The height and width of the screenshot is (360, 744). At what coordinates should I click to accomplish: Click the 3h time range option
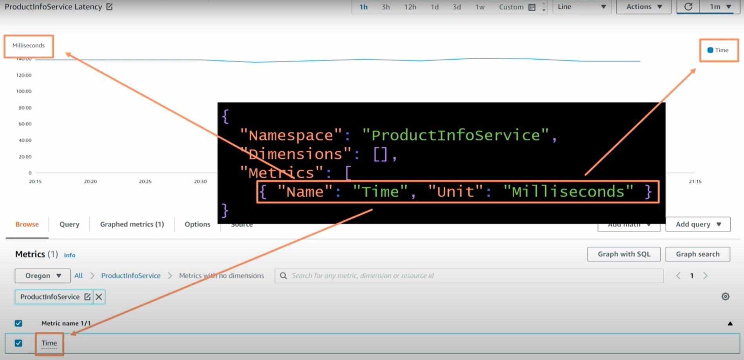click(x=386, y=7)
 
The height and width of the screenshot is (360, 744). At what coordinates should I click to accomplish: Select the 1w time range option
click(x=480, y=7)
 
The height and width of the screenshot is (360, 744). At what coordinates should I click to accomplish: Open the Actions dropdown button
click(x=644, y=7)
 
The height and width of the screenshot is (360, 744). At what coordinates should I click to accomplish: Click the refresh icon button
click(x=688, y=7)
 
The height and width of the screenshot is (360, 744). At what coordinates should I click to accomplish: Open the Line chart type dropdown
click(x=582, y=7)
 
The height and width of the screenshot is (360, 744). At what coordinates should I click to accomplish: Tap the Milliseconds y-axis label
click(x=28, y=45)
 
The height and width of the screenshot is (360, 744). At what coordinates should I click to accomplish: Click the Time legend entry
click(x=718, y=50)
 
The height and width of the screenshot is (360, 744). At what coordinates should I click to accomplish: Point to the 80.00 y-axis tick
click(x=25, y=108)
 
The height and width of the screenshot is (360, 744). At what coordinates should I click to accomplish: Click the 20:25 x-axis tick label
click(x=145, y=182)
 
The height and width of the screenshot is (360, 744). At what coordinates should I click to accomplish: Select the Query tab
click(x=69, y=224)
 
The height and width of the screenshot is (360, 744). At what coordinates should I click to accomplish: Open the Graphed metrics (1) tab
click(x=132, y=224)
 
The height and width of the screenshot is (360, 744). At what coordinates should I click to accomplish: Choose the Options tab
click(x=197, y=224)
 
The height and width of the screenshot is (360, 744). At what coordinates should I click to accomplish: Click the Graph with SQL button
click(x=624, y=254)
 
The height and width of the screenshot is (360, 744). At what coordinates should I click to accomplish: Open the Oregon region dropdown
click(x=42, y=276)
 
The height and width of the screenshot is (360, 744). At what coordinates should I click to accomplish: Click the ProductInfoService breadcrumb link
click(x=131, y=276)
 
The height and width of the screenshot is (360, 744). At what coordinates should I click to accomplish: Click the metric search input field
click(x=470, y=276)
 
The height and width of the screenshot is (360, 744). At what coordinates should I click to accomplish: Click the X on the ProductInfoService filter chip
click(x=99, y=297)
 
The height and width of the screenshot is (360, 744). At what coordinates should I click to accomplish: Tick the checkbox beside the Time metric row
click(x=18, y=343)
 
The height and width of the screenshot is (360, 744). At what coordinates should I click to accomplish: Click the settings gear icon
click(x=725, y=296)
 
